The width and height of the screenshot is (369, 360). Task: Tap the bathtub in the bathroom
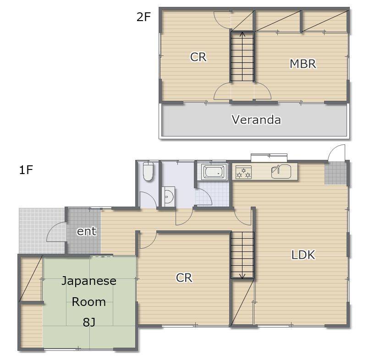tap(214, 172)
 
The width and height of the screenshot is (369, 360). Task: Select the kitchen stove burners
tap(243, 172)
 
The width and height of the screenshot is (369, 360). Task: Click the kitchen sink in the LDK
tap(281, 171)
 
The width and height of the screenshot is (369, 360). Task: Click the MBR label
tap(303, 64)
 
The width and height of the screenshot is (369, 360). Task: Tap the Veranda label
tap(256, 120)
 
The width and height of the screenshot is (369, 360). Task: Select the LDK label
tap(303, 255)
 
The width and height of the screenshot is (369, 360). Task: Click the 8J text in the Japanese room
tap(89, 322)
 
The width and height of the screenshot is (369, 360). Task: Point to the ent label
tap(87, 231)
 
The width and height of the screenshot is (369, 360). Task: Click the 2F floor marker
tap(143, 16)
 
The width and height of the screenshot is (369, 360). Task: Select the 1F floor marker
tap(26, 170)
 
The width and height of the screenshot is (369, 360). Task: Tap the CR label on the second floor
tap(198, 57)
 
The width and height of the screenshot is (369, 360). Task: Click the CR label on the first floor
tap(184, 278)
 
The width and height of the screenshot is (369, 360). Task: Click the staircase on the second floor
tap(242, 56)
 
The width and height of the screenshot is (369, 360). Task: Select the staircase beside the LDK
tap(242, 256)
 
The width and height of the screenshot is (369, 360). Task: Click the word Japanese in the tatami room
tap(89, 281)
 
